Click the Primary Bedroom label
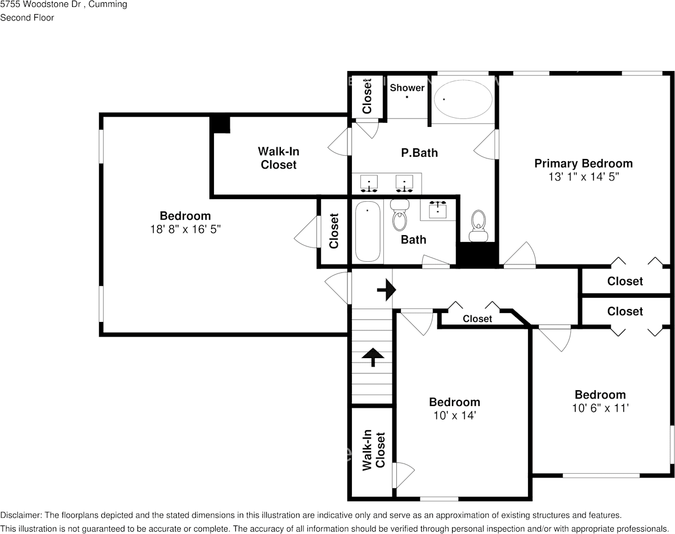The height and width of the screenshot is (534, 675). pos(583,164)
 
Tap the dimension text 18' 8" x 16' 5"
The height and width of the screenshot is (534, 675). pos(185,230)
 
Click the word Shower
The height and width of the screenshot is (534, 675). pos(407,88)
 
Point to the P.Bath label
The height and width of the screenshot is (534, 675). pos(419,153)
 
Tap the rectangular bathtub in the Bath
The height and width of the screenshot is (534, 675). pos(368,231)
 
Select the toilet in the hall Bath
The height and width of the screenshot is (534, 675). pos(400,215)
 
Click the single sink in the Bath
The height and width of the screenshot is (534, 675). pos(438,210)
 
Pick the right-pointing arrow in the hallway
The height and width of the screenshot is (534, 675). pos(386,290)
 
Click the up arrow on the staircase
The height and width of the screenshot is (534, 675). pos(372,357)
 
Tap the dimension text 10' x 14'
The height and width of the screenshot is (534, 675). pos(454,416)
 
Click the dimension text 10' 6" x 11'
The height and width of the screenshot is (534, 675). pos(600,408)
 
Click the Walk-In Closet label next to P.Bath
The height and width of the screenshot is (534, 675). pos(279,158)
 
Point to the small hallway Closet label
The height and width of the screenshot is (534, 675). pos(477,319)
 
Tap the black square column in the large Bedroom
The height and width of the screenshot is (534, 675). pos(220,123)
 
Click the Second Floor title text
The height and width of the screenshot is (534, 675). pos(27,17)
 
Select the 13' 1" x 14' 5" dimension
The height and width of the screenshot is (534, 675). pos(583,177)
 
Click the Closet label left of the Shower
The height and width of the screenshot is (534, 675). pos(367,96)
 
